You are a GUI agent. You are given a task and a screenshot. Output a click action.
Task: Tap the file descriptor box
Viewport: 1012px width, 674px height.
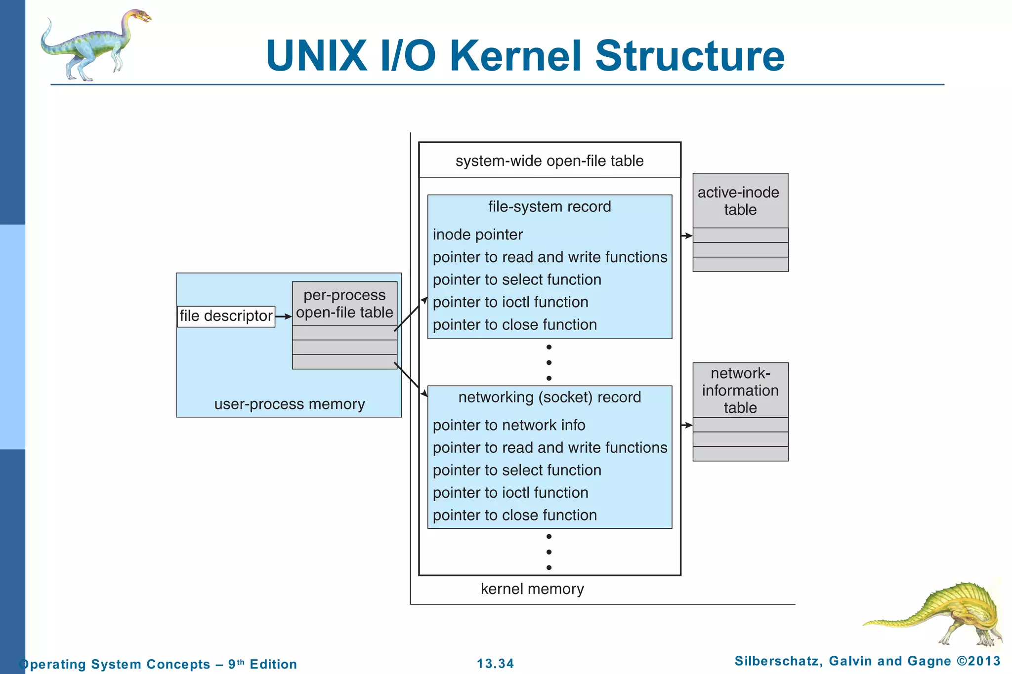226,316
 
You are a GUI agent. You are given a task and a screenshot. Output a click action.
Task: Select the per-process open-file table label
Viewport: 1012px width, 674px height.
344,304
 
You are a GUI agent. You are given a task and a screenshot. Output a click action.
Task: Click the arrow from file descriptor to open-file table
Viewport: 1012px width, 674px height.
283,317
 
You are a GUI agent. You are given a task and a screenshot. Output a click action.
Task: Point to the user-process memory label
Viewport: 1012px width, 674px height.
289,404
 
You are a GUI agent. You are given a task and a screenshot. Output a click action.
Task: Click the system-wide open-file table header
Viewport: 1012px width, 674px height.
549,161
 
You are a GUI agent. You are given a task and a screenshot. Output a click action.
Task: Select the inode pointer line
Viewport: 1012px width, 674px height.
477,235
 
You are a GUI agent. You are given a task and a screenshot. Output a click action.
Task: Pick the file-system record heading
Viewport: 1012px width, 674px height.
549,206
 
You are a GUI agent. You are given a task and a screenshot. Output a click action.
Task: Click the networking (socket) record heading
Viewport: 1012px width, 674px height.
549,397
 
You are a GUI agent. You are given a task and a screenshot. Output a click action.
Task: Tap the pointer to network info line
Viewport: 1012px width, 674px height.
508,425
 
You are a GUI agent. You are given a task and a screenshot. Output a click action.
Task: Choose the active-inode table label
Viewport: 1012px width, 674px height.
739,200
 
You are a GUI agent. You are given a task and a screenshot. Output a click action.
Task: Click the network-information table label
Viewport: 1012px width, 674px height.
740,390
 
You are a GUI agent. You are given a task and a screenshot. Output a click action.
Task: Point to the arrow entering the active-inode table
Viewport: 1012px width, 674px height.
687,236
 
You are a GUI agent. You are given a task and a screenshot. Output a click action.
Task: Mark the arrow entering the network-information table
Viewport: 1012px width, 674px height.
687,425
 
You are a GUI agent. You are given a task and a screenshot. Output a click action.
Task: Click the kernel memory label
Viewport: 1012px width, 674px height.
532,589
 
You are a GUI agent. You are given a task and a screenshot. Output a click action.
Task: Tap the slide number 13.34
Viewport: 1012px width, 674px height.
495,664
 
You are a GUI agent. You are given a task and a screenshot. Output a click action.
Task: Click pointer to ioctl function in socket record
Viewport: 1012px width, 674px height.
510,493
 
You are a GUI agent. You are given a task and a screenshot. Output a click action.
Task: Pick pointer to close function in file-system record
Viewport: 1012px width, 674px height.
514,325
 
